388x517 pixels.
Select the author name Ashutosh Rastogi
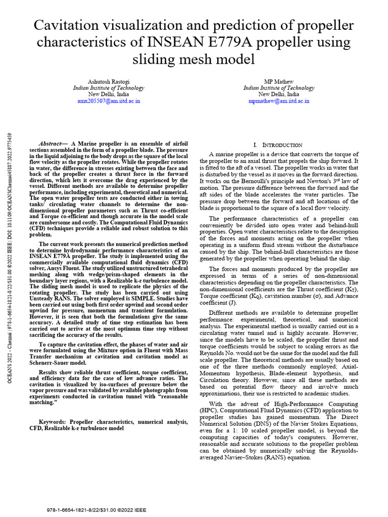pyautogui.click(x=108, y=81)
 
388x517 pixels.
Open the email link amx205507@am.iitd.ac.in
pyautogui.click(x=108, y=101)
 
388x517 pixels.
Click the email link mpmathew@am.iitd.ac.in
pyautogui.click(x=278, y=101)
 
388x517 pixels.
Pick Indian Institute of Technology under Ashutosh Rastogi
pyautogui.click(x=108, y=88)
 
